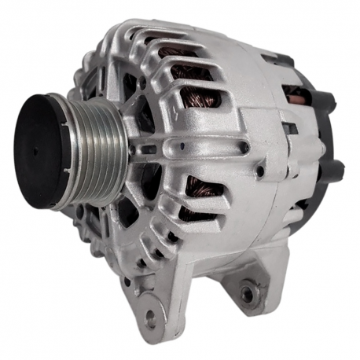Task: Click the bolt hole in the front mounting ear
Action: (x=149, y=318)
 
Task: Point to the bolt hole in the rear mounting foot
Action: (x=248, y=293)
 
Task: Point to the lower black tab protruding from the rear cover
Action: (x=334, y=169)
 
